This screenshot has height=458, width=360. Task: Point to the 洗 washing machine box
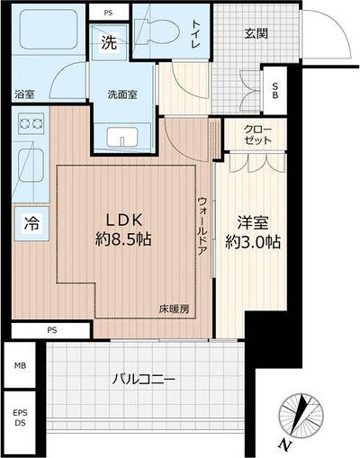click(108, 42)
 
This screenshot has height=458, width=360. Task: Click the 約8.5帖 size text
click(130, 241)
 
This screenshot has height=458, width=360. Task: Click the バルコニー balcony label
click(143, 379)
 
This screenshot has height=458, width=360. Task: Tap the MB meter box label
click(21, 366)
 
